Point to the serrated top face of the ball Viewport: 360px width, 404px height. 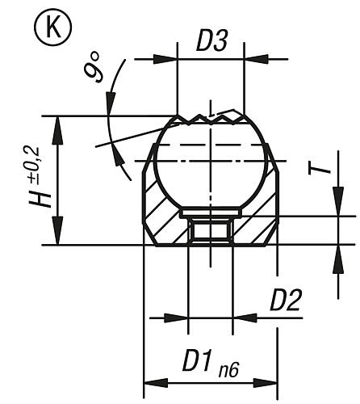click(210, 119)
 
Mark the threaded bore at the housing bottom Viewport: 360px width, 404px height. click(210, 233)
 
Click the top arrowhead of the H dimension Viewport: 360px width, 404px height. click(56, 122)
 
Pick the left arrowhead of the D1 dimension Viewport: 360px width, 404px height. click(150, 381)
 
